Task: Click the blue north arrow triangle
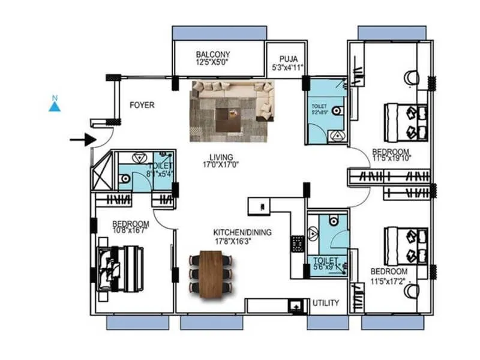(55, 106)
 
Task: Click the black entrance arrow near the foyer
(83, 140)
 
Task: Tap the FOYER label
(142, 106)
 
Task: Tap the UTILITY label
(326, 303)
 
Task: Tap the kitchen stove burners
(297, 244)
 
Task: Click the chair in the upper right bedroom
(412, 77)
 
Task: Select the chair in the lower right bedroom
(412, 291)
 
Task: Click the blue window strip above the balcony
(219, 33)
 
